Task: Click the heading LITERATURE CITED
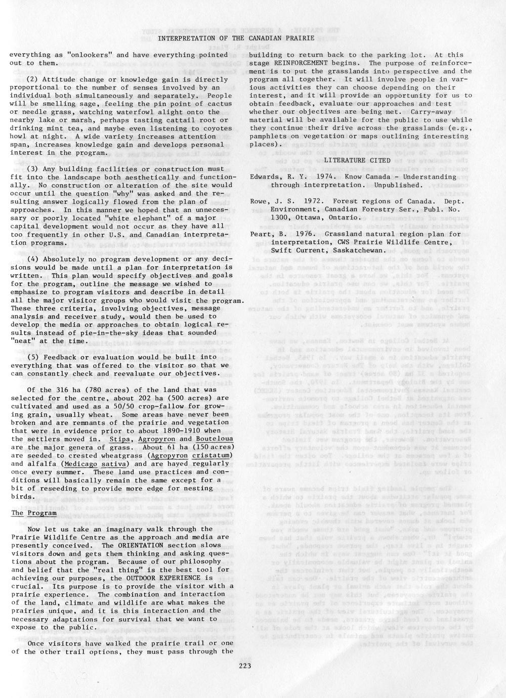coord(353,160)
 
